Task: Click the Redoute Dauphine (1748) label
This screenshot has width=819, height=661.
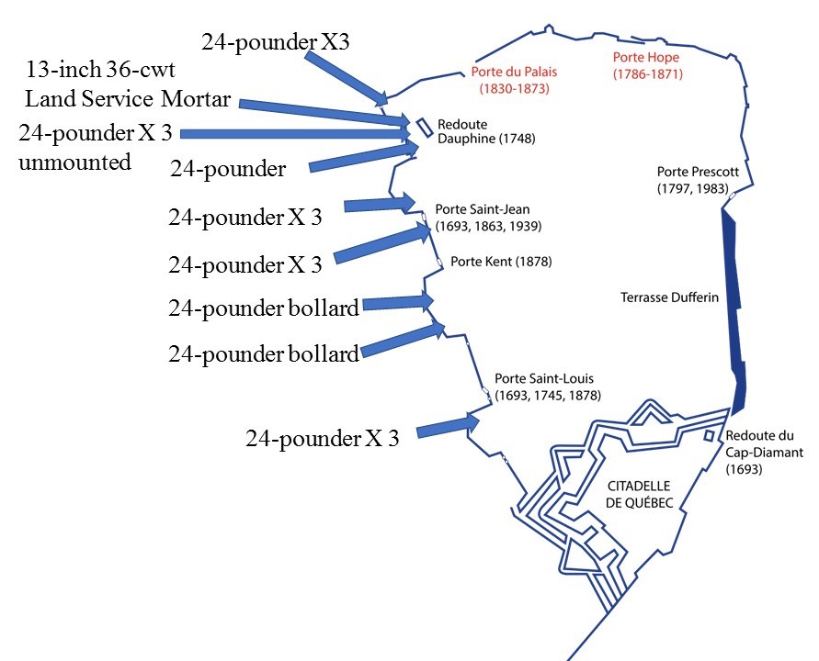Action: (486, 132)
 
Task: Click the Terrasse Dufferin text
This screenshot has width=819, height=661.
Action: (667, 297)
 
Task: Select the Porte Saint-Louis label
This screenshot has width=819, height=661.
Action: (548, 387)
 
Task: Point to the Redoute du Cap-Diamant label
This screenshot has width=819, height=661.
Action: (764, 452)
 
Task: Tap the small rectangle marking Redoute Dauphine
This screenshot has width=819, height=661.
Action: (424, 127)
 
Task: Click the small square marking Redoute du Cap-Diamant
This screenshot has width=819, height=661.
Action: (709, 435)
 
